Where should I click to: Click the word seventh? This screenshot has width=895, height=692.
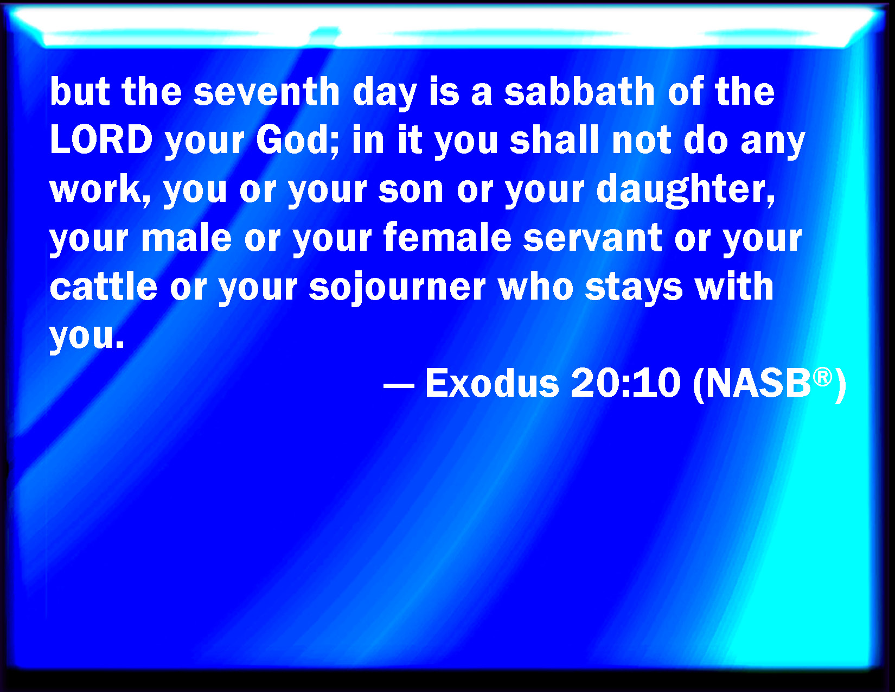266,92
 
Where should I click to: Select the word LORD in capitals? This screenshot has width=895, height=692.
101,139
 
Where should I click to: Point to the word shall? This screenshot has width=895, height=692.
554,139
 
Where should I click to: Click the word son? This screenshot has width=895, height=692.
411,190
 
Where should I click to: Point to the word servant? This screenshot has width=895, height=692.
592,239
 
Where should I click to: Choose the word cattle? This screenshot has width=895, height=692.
104,287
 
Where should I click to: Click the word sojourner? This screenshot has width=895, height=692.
398,288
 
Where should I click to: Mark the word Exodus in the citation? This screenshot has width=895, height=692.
492,383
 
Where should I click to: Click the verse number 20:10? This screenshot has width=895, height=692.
625,383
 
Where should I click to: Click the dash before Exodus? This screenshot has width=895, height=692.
399,386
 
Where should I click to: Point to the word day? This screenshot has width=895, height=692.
385,93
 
